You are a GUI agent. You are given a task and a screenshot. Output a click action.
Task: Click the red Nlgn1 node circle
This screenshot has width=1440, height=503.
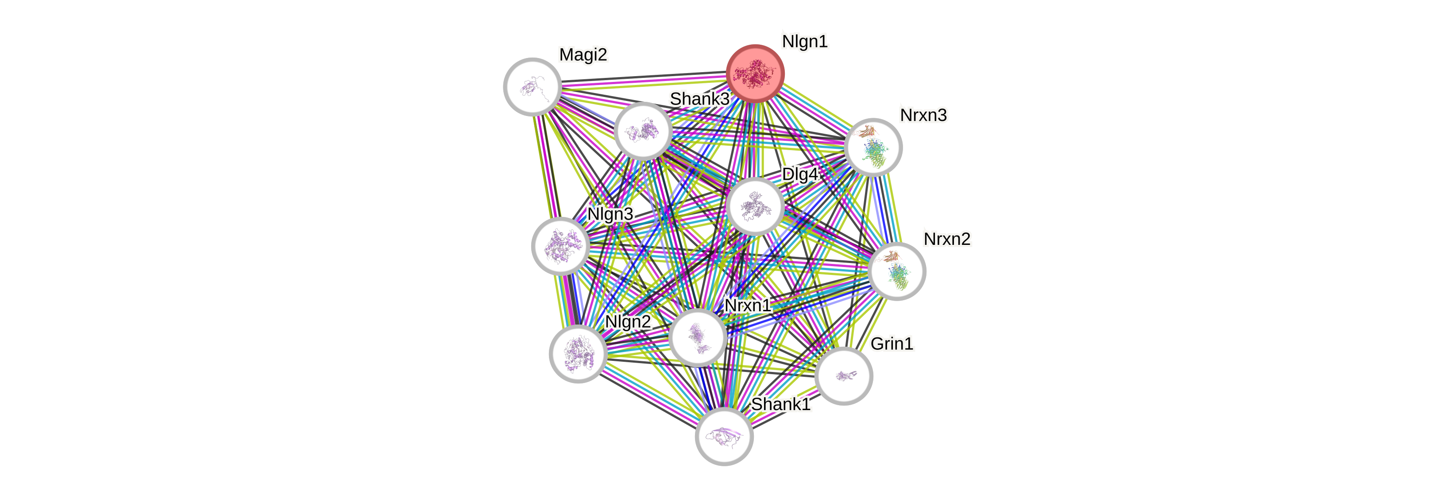pyautogui.click(x=755, y=73)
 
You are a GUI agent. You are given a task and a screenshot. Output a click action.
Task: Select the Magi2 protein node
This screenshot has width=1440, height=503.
pyautogui.click(x=532, y=87)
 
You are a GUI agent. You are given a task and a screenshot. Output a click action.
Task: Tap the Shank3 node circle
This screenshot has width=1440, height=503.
pyautogui.click(x=643, y=131)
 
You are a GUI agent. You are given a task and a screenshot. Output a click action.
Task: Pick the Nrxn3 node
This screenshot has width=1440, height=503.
pyautogui.click(x=872, y=147)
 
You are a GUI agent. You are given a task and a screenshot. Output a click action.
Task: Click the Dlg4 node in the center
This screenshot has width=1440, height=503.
pyautogui.click(x=755, y=205)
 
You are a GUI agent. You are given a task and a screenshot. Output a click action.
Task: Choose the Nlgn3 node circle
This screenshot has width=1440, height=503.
pyautogui.click(x=560, y=246)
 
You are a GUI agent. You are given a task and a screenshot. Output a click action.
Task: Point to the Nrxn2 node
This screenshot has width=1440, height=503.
pyautogui.click(x=897, y=271)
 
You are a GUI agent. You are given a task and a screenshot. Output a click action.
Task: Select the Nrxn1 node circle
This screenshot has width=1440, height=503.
pyautogui.click(x=698, y=337)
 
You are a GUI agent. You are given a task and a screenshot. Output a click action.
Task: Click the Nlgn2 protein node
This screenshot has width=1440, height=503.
pyautogui.click(x=578, y=353)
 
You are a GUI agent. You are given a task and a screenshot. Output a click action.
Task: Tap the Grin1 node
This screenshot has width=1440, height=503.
pyautogui.click(x=844, y=375)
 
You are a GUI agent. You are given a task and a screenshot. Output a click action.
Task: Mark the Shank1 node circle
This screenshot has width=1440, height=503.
pyautogui.click(x=724, y=436)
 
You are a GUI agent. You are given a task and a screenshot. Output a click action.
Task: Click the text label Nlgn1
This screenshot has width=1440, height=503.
pyautogui.click(x=804, y=41)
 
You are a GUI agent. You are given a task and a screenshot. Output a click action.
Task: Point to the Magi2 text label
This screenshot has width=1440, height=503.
pyautogui.click(x=583, y=55)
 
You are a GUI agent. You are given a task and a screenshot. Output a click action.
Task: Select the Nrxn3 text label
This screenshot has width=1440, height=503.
pyautogui.click(x=923, y=115)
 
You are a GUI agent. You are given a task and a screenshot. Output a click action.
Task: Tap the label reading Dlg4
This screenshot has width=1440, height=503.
pyautogui.click(x=799, y=174)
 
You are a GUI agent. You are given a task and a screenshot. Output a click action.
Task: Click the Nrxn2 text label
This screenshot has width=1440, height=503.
pyautogui.click(x=947, y=239)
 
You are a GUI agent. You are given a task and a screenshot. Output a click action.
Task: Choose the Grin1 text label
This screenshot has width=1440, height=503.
pyautogui.click(x=892, y=344)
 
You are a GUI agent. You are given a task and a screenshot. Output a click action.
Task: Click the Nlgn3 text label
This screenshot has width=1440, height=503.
pyautogui.click(x=610, y=214)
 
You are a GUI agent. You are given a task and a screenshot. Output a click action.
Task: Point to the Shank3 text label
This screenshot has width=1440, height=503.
pyautogui.click(x=699, y=99)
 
